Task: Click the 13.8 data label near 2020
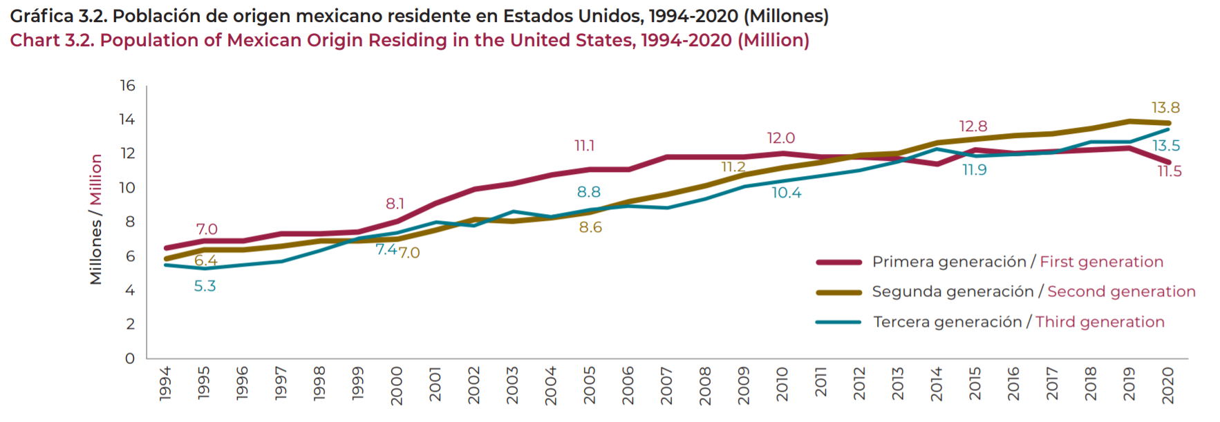click(x=1165, y=108)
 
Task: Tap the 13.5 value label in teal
click(x=1165, y=146)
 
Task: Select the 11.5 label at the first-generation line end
click(x=1169, y=171)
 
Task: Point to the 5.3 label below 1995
click(x=205, y=286)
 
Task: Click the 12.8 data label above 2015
click(x=973, y=126)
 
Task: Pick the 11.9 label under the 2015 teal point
click(x=974, y=170)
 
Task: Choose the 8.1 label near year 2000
click(x=395, y=204)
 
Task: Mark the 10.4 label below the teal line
click(x=786, y=193)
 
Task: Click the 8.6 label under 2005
click(x=590, y=227)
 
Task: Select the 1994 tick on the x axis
click(x=165, y=383)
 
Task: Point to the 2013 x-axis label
click(x=897, y=383)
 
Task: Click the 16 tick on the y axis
click(x=127, y=86)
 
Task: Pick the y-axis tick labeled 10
click(x=126, y=188)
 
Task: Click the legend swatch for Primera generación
click(x=838, y=262)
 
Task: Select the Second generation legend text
click(x=1120, y=291)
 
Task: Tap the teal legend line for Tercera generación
click(x=838, y=322)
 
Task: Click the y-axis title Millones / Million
click(x=96, y=219)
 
